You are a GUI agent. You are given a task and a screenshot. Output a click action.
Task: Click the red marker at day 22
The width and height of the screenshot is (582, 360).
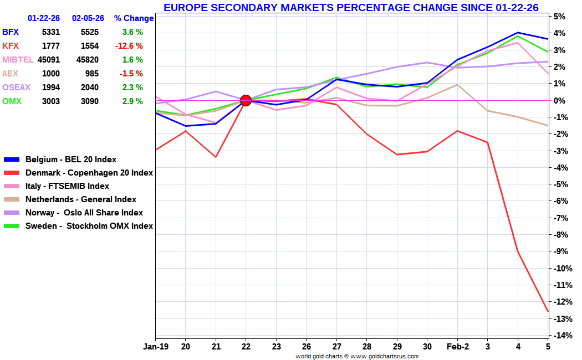point(246,100)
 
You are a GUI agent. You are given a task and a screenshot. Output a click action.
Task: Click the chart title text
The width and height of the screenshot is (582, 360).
point(351,7)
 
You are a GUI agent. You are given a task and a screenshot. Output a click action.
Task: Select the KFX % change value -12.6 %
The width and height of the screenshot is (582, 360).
point(129,46)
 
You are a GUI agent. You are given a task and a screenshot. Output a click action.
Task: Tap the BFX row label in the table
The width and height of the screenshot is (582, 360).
point(11,32)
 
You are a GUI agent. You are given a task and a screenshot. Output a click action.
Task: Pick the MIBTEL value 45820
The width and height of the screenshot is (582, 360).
point(85,60)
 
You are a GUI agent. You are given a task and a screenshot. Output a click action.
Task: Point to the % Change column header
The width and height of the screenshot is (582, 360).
point(134,18)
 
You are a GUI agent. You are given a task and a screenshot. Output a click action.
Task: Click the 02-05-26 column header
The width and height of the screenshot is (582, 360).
point(88,18)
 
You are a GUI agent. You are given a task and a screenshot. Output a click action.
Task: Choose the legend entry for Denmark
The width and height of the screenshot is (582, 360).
point(89,173)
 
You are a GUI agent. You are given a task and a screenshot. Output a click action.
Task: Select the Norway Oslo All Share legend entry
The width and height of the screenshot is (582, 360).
point(84,213)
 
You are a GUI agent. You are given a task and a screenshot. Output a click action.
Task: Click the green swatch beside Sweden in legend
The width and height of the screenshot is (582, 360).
point(12,226)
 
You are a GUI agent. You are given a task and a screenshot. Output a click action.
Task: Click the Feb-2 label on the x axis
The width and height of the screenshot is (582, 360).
point(457,347)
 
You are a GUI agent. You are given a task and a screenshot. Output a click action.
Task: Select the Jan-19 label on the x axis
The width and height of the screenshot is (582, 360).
point(155,347)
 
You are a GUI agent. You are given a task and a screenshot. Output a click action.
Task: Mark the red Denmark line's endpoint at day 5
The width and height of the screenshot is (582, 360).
point(548,311)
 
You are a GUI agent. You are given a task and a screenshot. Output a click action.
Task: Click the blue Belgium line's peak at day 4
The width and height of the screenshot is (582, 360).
point(518,33)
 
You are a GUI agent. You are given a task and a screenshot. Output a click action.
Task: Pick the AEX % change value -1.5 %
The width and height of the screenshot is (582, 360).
point(131,74)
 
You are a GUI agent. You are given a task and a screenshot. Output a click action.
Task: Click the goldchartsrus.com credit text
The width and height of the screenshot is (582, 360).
point(356,356)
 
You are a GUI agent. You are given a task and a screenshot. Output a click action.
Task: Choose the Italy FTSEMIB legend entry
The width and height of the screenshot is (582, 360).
point(67,186)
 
